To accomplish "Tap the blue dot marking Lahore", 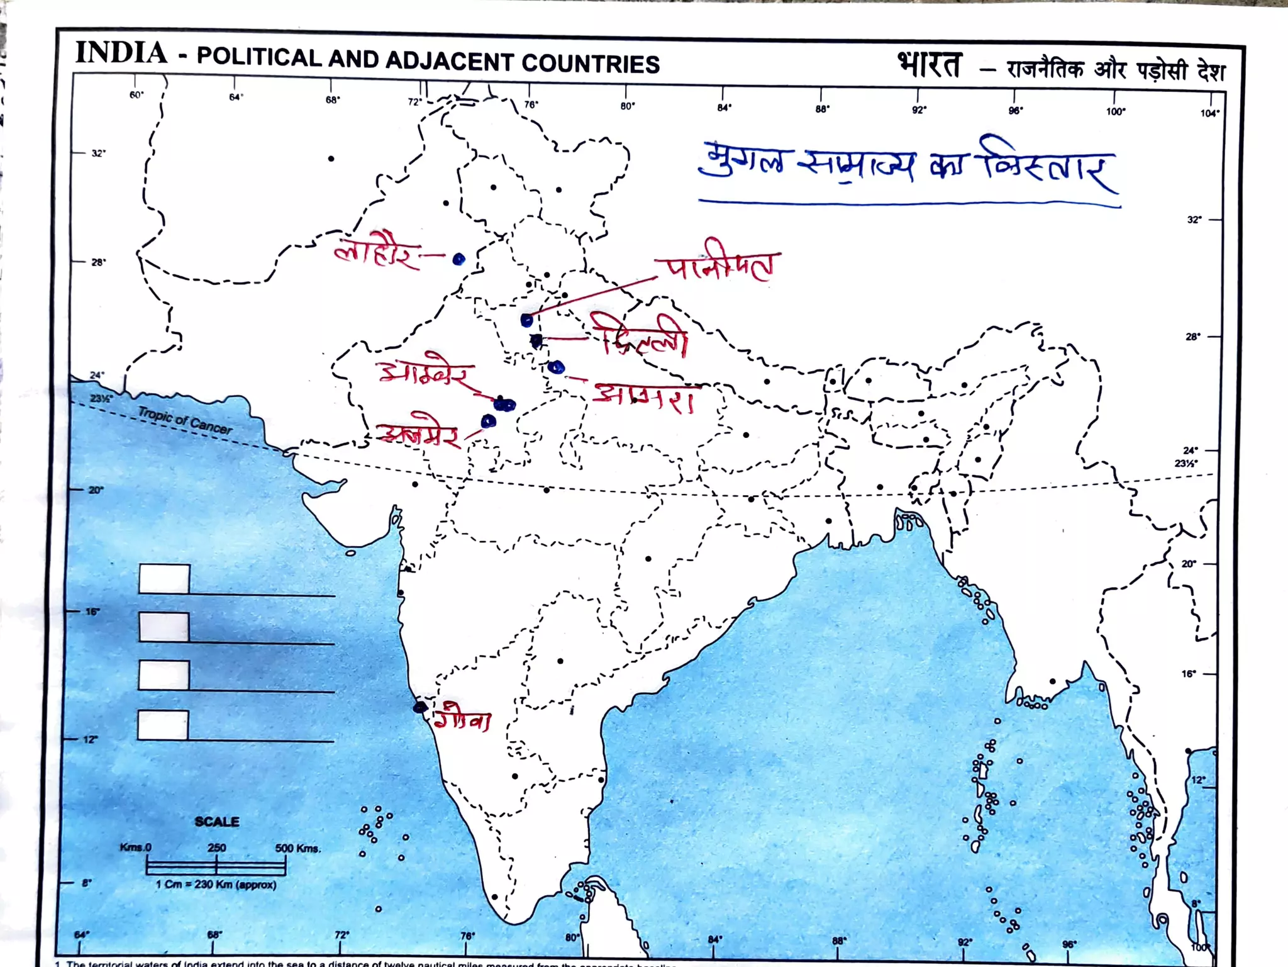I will (458, 259).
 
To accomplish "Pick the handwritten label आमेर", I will (425, 373).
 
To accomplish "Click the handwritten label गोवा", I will (464, 719).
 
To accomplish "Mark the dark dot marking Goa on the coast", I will (419, 707).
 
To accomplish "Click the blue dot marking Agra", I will (556, 367).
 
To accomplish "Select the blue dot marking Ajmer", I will (488, 421).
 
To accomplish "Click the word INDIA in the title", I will (121, 53).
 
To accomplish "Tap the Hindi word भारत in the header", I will (929, 65).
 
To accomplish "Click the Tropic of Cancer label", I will (184, 420).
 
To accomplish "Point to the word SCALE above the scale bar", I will (216, 822).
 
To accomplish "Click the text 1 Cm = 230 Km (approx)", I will (216, 885).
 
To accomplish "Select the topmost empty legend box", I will (164, 578).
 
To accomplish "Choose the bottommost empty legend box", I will (163, 725).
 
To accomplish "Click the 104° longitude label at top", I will (1209, 113).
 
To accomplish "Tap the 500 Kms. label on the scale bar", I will (297, 848).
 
